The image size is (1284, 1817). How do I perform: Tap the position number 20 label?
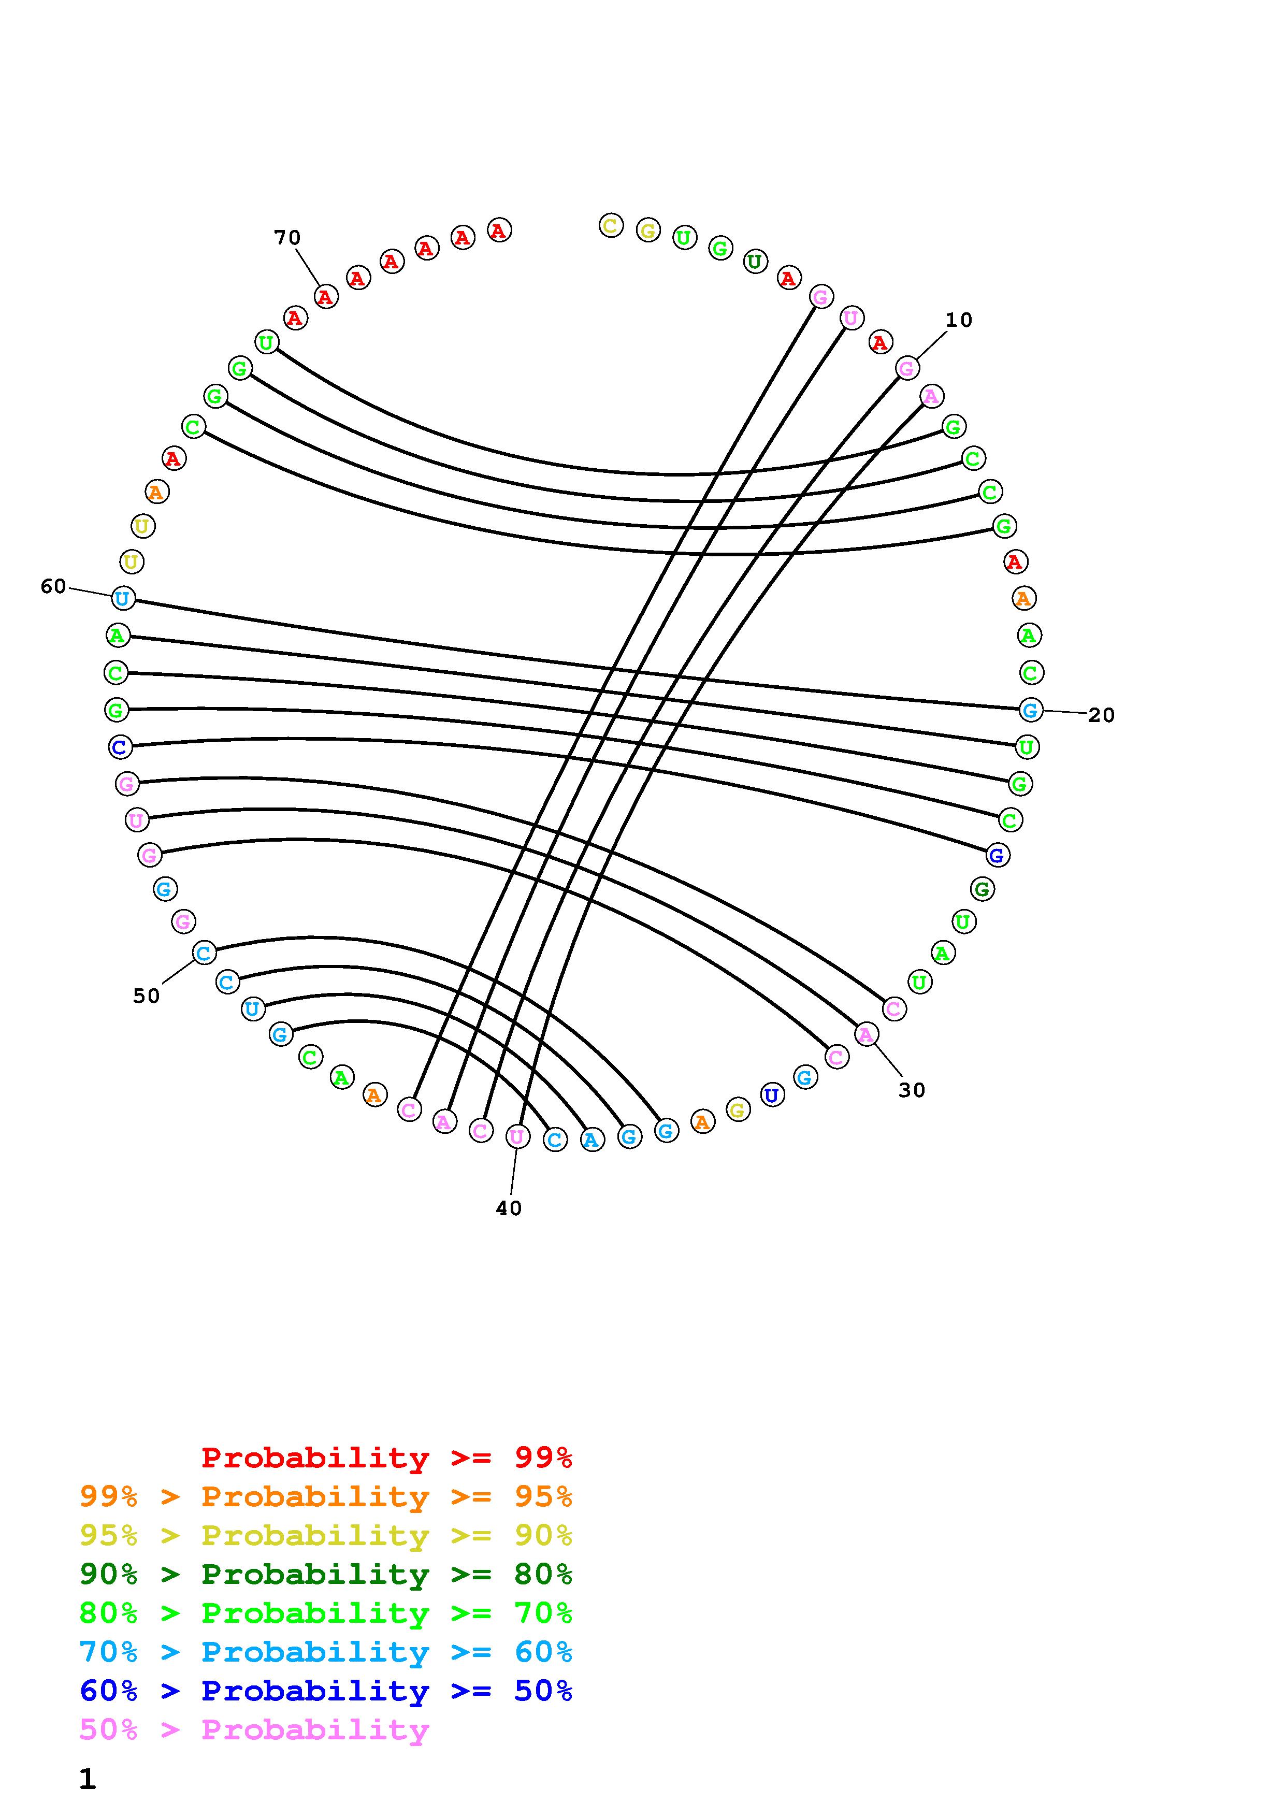click(1101, 715)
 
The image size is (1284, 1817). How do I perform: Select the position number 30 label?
click(912, 1090)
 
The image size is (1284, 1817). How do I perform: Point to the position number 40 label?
click(509, 1208)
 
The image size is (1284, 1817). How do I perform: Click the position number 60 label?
click(53, 586)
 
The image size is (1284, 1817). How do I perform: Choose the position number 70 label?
click(287, 237)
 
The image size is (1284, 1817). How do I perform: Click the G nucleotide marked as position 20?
click(1030, 710)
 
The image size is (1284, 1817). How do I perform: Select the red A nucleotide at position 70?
click(325, 297)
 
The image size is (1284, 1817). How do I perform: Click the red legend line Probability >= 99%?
click(387, 1458)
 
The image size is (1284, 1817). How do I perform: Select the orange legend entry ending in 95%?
click(326, 1496)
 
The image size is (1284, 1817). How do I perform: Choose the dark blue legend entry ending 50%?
click(326, 1691)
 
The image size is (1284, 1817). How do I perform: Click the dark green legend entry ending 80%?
click(326, 1574)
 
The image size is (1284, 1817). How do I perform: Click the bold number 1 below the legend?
click(87, 1779)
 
